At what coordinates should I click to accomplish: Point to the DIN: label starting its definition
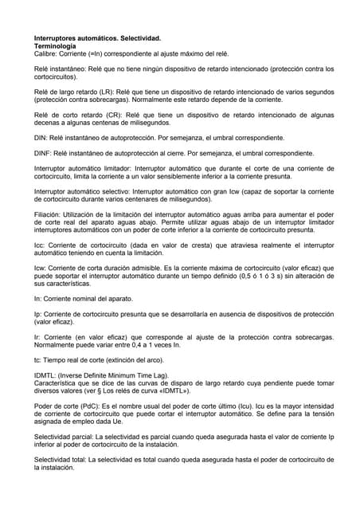(x=41, y=137)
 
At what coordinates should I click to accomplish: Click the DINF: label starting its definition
(x=43, y=151)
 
